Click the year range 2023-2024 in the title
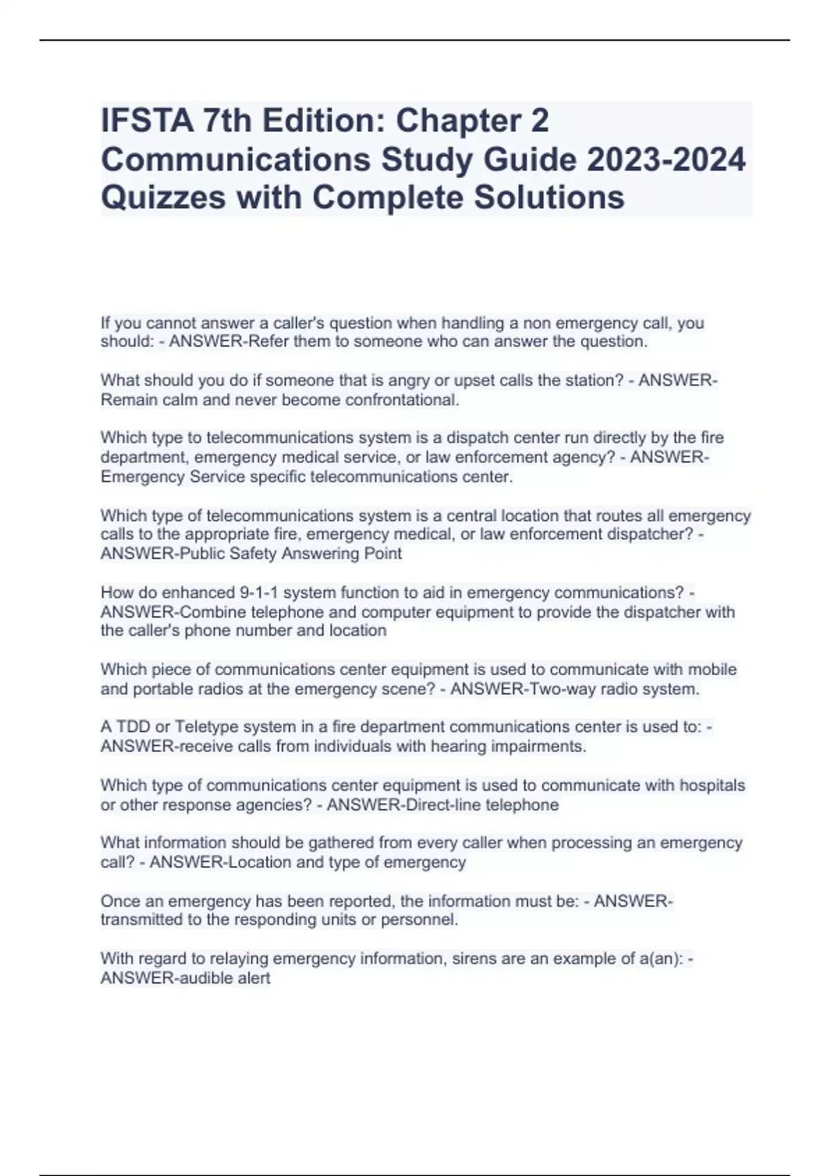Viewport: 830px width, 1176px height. [666, 160]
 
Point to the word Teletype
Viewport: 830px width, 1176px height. [204, 727]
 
